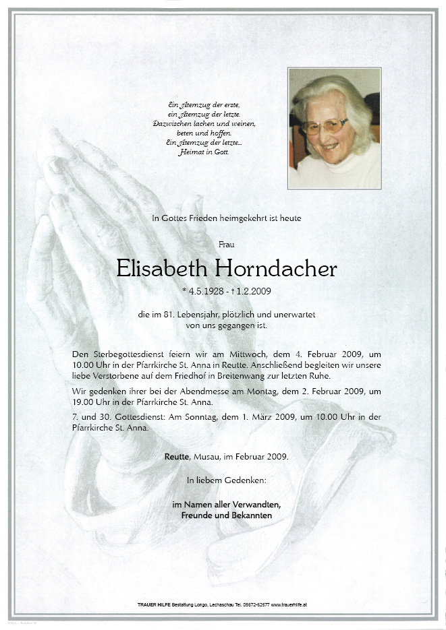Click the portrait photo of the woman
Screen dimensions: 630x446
click(334, 128)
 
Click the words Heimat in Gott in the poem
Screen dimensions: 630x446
click(211, 152)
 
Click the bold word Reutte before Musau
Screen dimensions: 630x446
click(178, 456)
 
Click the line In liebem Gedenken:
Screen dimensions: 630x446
click(226, 480)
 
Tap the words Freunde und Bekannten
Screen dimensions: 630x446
click(226, 515)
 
